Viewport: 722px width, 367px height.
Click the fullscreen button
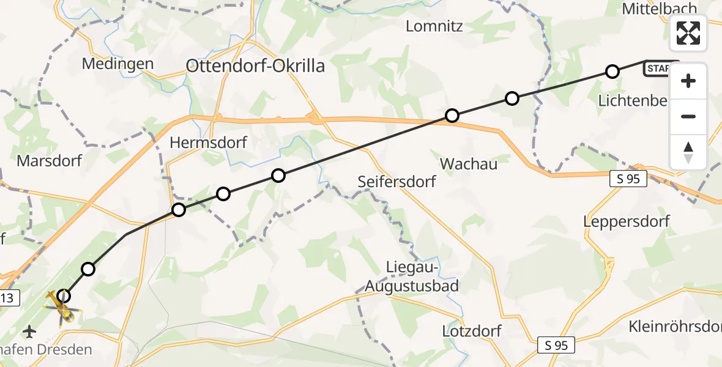(x=688, y=33)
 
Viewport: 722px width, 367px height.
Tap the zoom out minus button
(x=688, y=116)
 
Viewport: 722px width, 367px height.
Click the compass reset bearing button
(x=688, y=152)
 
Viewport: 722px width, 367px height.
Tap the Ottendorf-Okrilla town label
(x=255, y=66)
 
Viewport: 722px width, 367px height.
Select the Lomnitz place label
(x=434, y=26)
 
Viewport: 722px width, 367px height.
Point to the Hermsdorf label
(x=208, y=143)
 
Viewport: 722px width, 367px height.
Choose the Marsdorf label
(x=50, y=161)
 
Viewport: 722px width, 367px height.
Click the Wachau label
(x=469, y=164)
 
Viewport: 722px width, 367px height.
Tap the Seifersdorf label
(x=397, y=182)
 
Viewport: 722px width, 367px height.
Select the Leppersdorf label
(x=627, y=221)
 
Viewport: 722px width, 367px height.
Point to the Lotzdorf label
(x=472, y=332)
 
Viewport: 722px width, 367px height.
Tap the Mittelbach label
(x=660, y=9)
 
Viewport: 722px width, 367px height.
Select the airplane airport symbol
(x=29, y=332)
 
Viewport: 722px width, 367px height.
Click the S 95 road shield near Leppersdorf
(x=628, y=179)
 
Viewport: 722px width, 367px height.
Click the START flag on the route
(x=660, y=69)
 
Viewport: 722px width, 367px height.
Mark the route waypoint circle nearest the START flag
(x=612, y=72)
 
